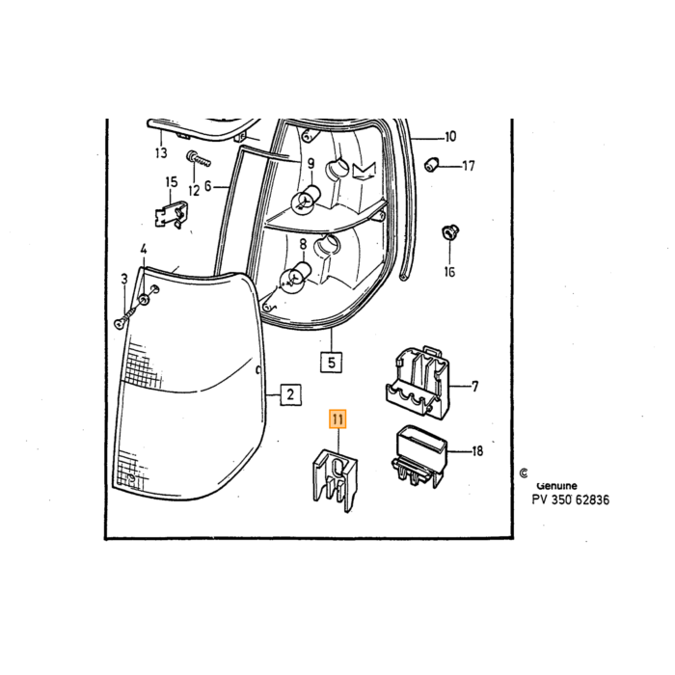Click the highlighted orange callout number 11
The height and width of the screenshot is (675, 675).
(x=337, y=419)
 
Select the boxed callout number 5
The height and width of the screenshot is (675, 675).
(x=331, y=362)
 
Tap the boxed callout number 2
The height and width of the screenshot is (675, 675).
(x=290, y=394)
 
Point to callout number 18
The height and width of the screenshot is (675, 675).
(x=477, y=450)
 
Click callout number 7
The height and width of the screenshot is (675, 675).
(x=474, y=387)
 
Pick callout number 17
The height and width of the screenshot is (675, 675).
(x=469, y=166)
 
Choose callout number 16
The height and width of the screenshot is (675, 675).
(x=449, y=272)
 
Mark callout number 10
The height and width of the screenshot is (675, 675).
(x=450, y=137)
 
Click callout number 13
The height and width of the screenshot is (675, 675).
(x=161, y=152)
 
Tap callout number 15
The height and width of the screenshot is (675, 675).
(x=172, y=182)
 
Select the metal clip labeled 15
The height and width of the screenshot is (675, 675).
(x=172, y=213)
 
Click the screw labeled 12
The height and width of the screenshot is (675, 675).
(x=199, y=160)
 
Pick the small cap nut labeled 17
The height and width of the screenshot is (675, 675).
(x=431, y=165)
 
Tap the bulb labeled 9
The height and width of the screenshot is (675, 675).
(x=306, y=197)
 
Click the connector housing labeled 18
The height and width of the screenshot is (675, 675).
(x=419, y=456)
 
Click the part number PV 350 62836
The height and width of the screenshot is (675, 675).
(x=571, y=499)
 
